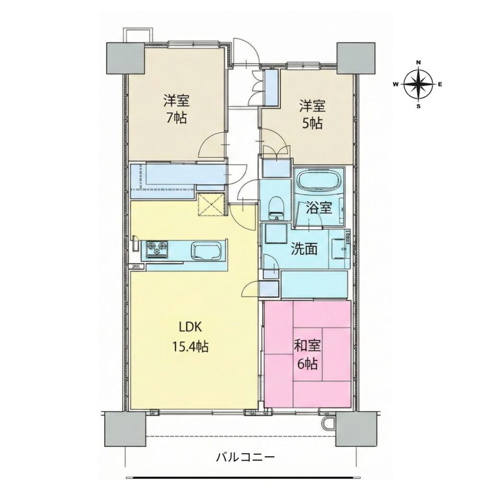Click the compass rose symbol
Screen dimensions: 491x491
tap(418, 84)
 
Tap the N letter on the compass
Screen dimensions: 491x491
tap(418, 62)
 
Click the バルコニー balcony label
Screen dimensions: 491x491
tap(245, 457)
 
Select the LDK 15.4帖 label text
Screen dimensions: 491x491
tap(190, 337)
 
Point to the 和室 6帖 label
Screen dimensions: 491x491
tap(307, 355)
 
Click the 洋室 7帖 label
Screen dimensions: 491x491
tap(175, 109)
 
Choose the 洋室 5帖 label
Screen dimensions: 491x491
tap(312, 115)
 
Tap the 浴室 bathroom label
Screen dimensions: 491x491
tap(319, 208)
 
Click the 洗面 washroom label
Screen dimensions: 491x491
tap(304, 249)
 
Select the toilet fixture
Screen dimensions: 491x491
tap(276, 208)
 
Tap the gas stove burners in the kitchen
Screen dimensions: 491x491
tap(156, 249)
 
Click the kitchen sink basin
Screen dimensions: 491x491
tap(207, 251)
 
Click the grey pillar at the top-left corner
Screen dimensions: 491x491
tap(126, 58)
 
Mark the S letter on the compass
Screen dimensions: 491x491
tap(418, 106)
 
